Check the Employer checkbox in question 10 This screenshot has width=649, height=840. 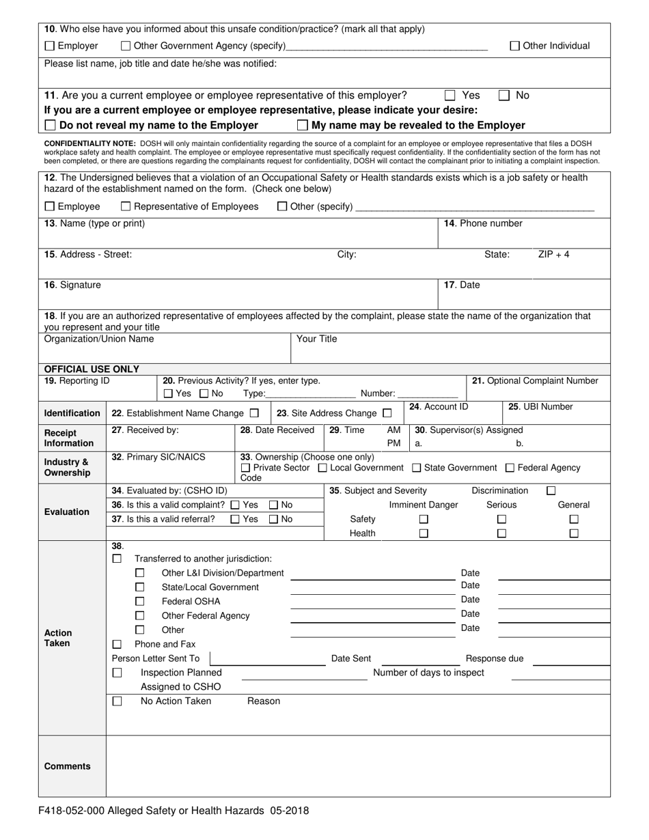pos(49,46)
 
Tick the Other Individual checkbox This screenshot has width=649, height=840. pos(515,46)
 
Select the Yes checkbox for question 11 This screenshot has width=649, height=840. pos(450,96)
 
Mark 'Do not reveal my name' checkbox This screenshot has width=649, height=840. pos(50,126)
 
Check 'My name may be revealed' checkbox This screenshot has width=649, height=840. pos(302,126)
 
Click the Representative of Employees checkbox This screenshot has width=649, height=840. pos(126,207)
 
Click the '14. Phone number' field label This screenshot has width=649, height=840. pos(483,223)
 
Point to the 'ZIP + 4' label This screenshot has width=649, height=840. pos(553,254)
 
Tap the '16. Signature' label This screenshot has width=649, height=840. pos(72,285)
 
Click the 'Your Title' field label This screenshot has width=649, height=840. pos(316,339)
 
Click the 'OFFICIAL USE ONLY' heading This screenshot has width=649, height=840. pos(92,369)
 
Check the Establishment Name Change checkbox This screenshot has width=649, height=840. pos(254,413)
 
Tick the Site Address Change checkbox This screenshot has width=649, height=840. pos(387,413)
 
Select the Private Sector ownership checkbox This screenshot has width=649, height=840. pos(245,468)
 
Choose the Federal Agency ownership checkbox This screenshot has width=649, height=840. pos(510,468)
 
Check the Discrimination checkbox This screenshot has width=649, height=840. pos(551,490)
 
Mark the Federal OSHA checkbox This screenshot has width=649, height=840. pos(139,602)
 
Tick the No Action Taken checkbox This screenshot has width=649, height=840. pos(117,701)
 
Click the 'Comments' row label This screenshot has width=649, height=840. pos(67,766)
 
